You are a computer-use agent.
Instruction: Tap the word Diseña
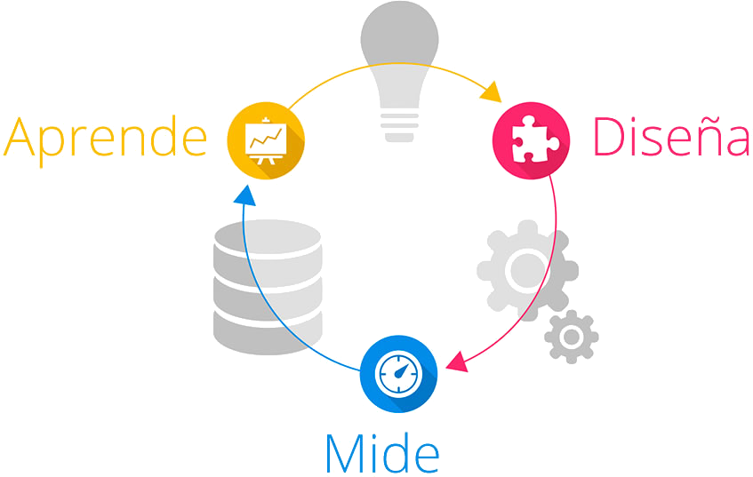pyautogui.click(x=671, y=137)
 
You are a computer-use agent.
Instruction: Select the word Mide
pyautogui.click(x=381, y=452)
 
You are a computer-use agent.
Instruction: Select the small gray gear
pyautogui.click(x=571, y=337)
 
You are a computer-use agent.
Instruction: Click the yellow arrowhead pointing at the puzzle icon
pyautogui.click(x=490, y=91)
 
